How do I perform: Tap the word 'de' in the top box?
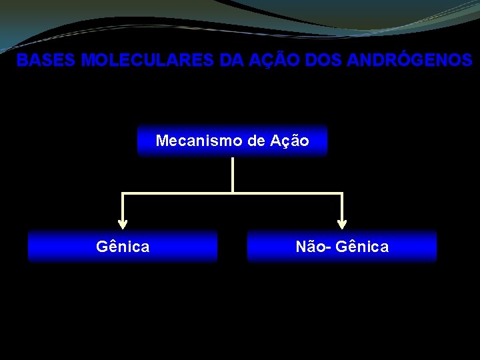(257, 141)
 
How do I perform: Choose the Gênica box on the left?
(123, 247)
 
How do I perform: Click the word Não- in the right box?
(313, 247)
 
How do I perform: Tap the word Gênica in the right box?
(362, 247)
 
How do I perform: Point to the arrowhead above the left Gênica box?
(122, 224)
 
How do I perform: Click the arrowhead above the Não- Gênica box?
(342, 224)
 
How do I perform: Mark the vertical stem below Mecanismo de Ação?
(232, 175)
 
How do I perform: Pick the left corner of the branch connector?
(122, 193)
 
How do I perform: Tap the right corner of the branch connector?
(342, 193)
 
